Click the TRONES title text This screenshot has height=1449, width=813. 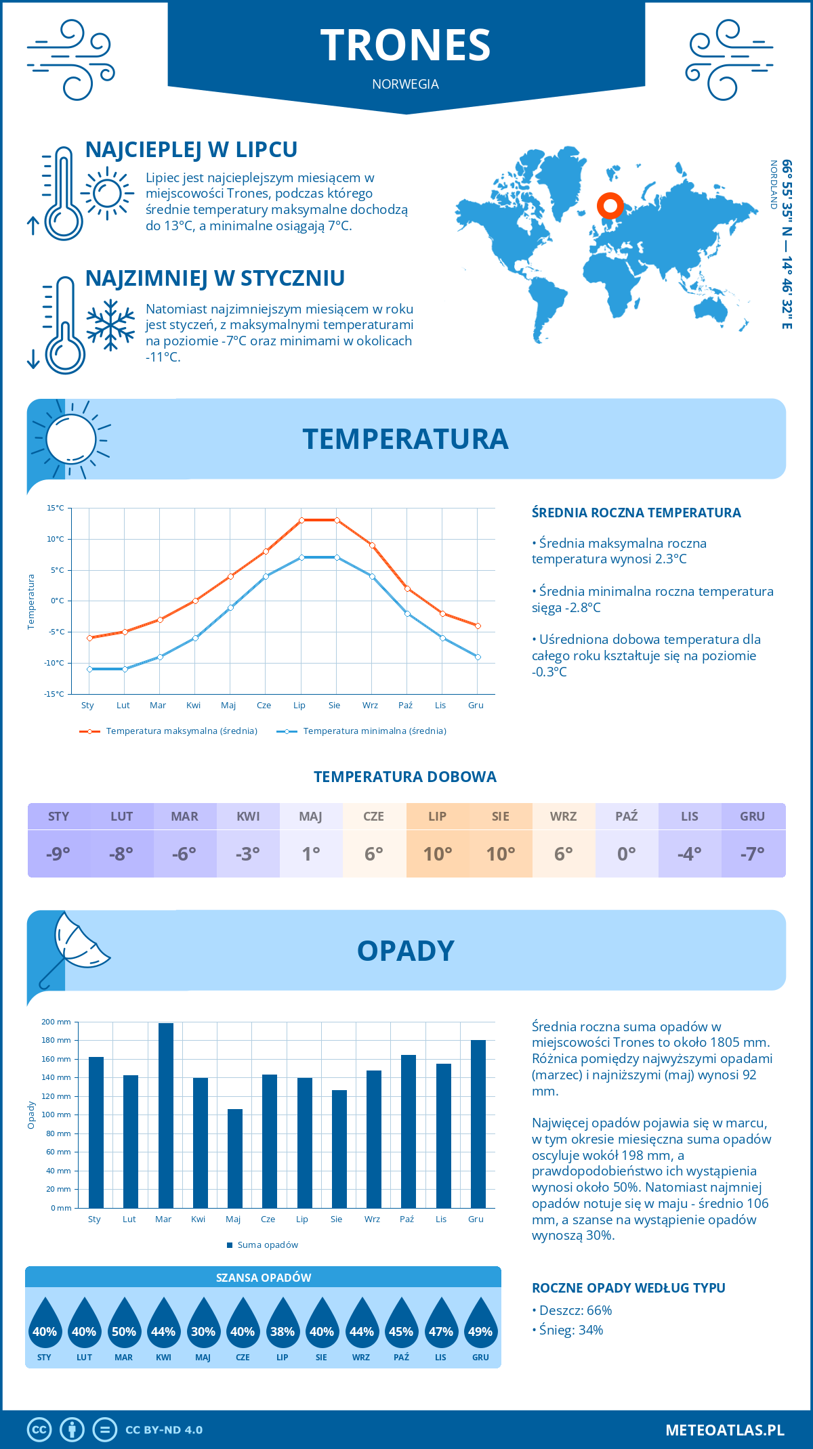tap(405, 45)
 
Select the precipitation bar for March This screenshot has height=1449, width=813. tap(165, 1115)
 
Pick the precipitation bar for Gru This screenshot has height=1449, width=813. tap(478, 1123)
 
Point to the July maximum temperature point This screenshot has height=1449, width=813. tap(301, 520)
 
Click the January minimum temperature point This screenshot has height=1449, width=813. tap(89, 669)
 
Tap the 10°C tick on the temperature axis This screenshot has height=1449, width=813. tap(56, 539)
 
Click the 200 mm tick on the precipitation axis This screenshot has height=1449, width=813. tap(57, 1022)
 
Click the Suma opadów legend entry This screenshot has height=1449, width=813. tap(267, 1245)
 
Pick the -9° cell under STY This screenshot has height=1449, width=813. tap(58, 854)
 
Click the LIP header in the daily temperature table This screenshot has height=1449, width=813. tap(437, 816)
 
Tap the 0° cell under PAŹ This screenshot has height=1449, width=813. tap(626, 854)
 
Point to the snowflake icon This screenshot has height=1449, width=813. tap(110, 324)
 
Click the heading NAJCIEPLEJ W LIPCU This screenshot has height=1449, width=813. tap(191, 150)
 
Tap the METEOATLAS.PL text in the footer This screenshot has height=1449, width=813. tap(724, 1429)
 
